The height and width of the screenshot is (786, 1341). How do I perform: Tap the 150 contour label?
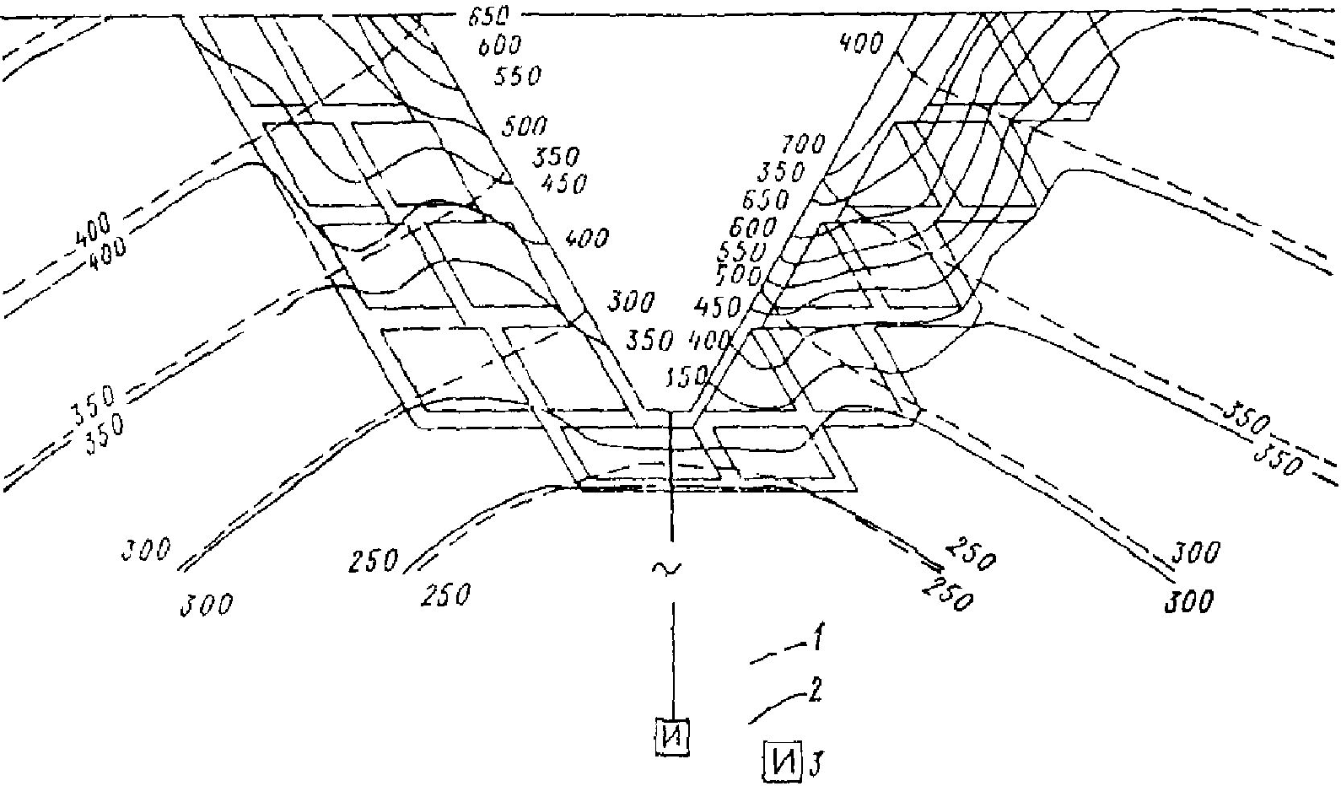[686, 380]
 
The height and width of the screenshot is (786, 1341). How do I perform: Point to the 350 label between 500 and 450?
[556, 158]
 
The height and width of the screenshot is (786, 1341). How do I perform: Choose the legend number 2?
[816, 695]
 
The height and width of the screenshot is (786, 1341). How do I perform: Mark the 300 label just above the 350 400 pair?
[631, 302]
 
